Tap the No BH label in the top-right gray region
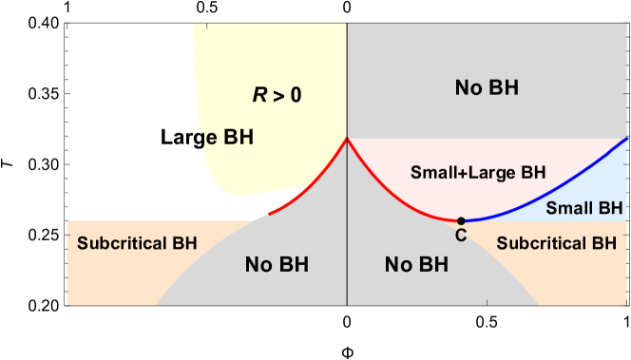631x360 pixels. click(x=487, y=88)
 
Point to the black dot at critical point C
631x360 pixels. click(x=461, y=220)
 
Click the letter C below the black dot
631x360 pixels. click(x=461, y=236)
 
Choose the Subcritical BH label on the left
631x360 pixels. click(x=137, y=243)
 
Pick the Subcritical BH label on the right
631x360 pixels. click(x=556, y=243)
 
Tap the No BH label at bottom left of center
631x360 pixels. click(x=277, y=264)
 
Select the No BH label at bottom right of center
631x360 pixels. click(x=417, y=264)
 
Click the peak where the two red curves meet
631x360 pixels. click(x=347, y=139)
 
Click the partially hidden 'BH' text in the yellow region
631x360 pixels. click(x=238, y=137)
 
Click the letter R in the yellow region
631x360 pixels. click(x=258, y=94)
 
